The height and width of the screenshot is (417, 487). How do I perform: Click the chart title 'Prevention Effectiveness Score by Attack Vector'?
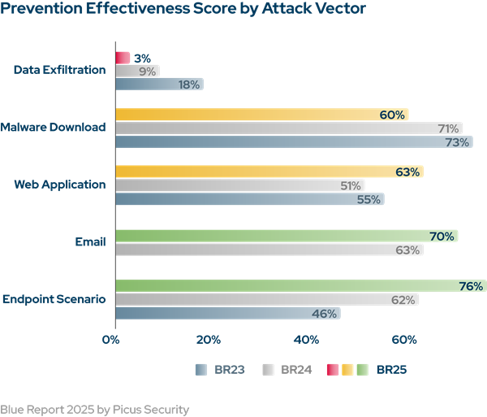tap(183, 11)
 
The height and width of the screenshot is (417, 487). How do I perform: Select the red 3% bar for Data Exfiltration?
tap(123, 58)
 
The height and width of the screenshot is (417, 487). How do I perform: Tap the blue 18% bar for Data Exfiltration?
tap(159, 84)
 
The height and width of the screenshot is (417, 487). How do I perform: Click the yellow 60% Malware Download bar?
tap(261, 115)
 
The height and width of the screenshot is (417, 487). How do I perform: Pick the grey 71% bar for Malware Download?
tap(289, 128)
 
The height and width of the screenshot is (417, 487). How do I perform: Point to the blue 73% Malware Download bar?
tap(294, 142)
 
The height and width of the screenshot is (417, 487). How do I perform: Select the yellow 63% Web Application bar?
tap(269, 172)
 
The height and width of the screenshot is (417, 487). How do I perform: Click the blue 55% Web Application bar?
tap(249, 199)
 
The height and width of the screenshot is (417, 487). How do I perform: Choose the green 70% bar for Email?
tap(287, 237)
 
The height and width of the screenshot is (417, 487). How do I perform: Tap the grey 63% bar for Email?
tap(269, 250)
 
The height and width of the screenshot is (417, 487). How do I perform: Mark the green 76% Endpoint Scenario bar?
tap(300, 286)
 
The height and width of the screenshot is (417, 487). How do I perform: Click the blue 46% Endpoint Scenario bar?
tap(227, 313)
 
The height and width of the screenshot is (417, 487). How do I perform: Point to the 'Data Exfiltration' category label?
tap(60, 70)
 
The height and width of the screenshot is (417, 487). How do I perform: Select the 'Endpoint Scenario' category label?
tap(54, 299)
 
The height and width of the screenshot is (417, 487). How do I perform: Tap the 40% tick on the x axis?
tap(307, 339)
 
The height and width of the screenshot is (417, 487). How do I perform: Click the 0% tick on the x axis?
tap(111, 339)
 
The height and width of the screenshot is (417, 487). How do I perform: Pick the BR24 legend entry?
tap(287, 370)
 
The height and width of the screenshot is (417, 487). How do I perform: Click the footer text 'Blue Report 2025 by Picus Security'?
tap(94, 409)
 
